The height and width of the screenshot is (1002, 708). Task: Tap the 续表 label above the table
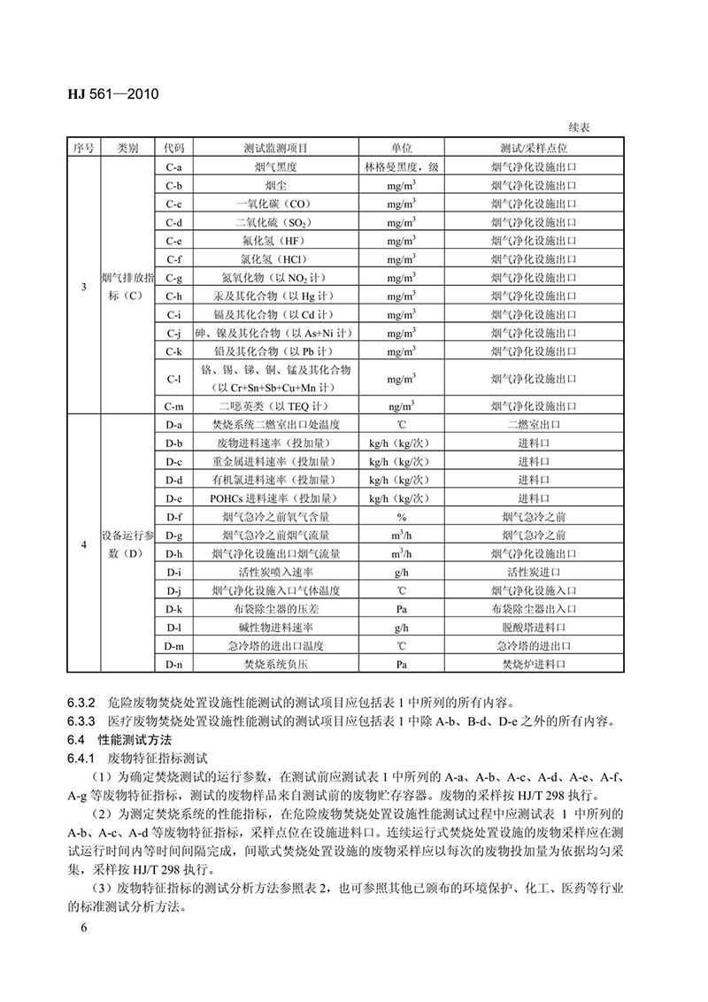click(580, 127)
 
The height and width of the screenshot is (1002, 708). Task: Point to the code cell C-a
click(173, 166)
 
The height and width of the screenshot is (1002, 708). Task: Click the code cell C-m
click(173, 405)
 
